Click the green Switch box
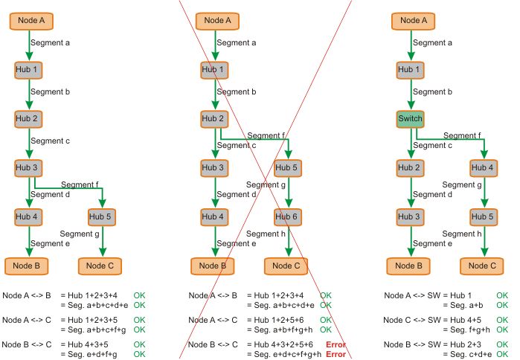click(x=411, y=119)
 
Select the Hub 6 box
click(x=289, y=217)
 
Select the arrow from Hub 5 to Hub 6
click(x=289, y=193)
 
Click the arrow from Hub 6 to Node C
click(x=289, y=242)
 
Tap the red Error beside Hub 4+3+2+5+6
click(x=336, y=344)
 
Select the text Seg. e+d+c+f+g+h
click(x=286, y=354)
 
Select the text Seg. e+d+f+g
click(x=91, y=354)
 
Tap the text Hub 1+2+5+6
click(x=277, y=320)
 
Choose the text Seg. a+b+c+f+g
click(x=93, y=330)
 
